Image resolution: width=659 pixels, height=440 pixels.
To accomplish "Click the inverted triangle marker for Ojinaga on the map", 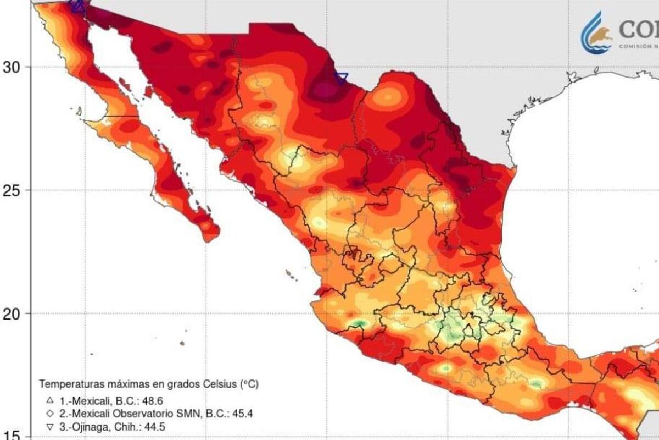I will tap(342, 78).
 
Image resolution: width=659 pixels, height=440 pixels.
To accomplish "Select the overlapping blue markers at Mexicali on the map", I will tap(77, 5).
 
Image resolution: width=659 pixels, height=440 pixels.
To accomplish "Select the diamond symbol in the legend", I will tap(50, 413).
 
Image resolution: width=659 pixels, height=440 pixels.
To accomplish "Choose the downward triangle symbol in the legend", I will tap(50, 426).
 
